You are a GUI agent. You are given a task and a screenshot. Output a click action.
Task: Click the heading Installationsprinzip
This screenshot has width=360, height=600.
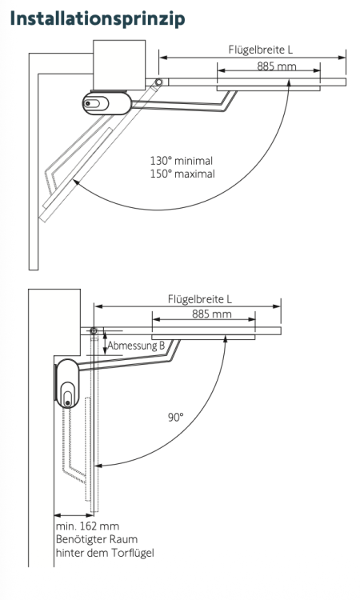click(x=98, y=18)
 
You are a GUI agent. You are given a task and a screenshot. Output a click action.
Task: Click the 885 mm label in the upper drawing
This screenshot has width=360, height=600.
click(x=277, y=66)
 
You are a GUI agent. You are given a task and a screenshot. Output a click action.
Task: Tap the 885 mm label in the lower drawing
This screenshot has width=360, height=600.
click(x=211, y=314)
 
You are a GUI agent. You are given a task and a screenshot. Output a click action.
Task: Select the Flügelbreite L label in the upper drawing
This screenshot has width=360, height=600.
click(x=261, y=50)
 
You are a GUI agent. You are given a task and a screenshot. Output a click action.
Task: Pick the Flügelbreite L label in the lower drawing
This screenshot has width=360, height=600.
click(x=200, y=299)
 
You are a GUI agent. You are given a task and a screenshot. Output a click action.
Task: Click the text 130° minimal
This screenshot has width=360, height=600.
click(x=182, y=161)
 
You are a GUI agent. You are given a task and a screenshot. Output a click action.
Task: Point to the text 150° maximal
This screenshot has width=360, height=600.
click(x=182, y=174)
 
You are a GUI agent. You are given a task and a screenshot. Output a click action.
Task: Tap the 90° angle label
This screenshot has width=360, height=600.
click(x=176, y=417)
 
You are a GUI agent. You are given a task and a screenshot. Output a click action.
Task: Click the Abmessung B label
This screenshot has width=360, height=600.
click(x=136, y=346)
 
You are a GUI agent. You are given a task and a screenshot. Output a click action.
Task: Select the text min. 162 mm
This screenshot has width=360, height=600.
click(x=88, y=526)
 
